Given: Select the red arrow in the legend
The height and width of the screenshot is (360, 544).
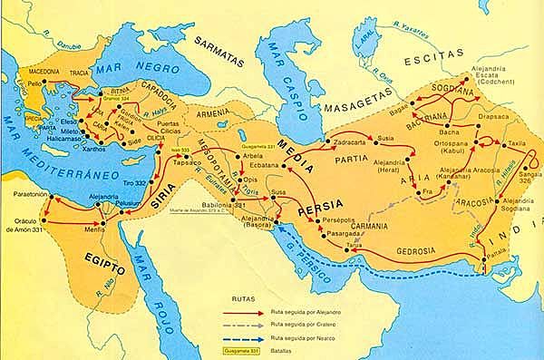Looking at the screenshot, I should [x=239, y=311].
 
